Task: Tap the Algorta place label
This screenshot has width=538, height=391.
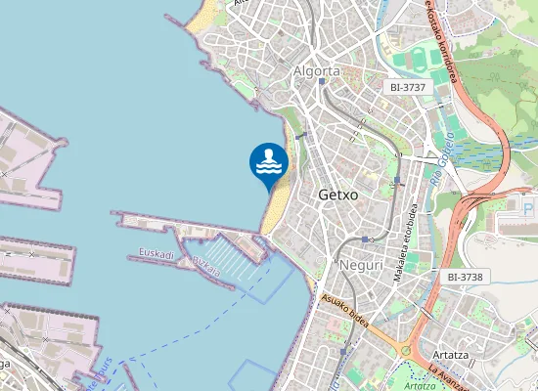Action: tap(317, 70)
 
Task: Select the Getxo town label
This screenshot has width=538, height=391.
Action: tap(338, 195)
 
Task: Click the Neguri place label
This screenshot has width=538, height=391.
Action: tap(359, 265)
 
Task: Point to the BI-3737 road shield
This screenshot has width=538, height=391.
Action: tap(405, 87)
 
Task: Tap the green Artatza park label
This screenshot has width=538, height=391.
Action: tap(420, 384)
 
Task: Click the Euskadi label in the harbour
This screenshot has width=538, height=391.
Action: tap(157, 254)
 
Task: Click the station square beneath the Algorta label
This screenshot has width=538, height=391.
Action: tap(321, 83)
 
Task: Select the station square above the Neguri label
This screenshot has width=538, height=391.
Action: tap(364, 239)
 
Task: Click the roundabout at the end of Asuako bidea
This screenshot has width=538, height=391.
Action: tap(404, 351)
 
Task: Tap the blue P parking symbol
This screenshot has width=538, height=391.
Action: tap(529, 209)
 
